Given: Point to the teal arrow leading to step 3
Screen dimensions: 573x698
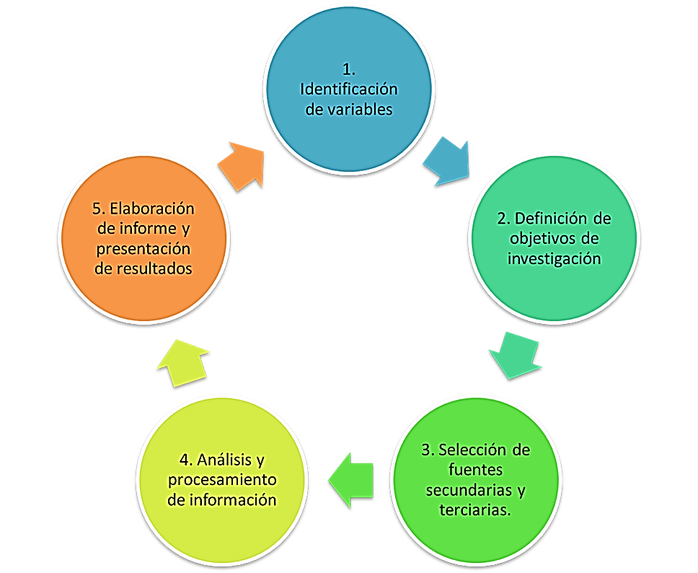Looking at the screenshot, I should point(516,353).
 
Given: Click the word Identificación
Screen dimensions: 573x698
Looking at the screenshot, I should point(348,90).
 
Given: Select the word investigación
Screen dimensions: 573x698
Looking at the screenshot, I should point(554,258).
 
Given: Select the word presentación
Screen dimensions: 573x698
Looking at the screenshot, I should point(144,249).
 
